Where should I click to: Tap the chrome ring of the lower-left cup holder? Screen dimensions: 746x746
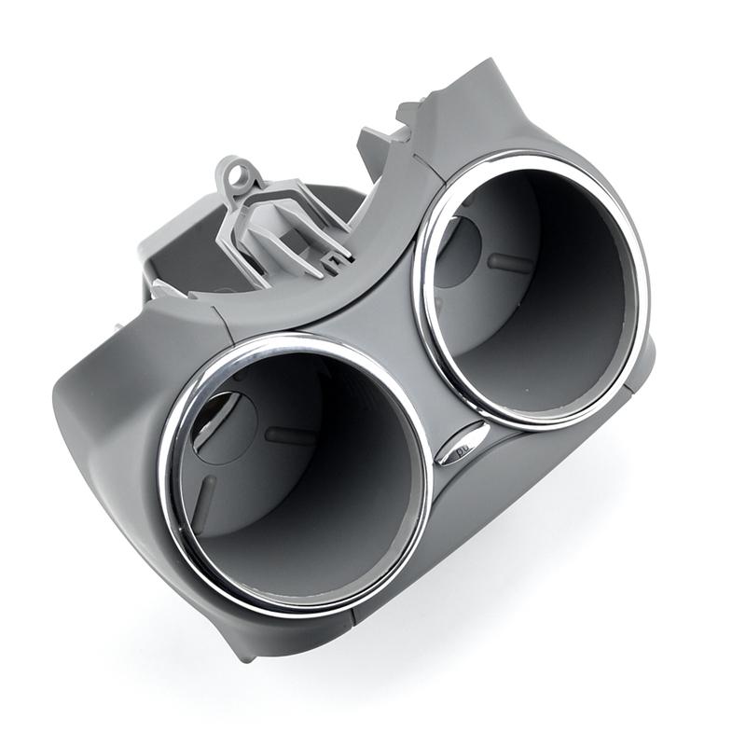[x=168, y=485]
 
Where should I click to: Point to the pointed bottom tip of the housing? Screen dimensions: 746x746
[x=244, y=654]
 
